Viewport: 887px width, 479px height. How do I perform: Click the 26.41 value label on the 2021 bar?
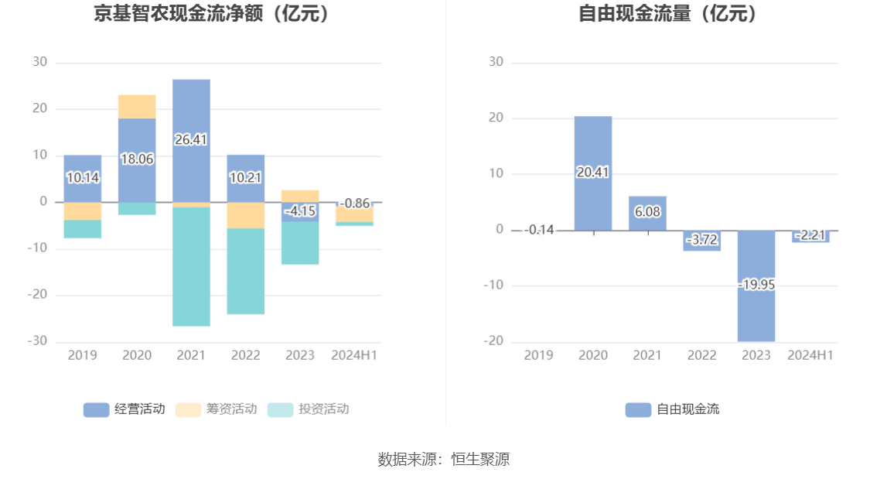click(191, 140)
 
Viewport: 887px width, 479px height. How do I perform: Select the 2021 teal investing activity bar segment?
click(191, 266)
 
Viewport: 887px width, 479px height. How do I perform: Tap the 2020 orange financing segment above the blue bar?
click(137, 106)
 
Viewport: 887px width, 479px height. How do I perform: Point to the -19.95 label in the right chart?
click(756, 285)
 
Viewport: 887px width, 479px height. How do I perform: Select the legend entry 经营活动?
click(125, 409)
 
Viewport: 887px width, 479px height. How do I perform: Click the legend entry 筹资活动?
click(217, 409)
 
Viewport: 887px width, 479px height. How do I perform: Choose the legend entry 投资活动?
click(309, 409)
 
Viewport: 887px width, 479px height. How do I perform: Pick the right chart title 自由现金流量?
click(668, 14)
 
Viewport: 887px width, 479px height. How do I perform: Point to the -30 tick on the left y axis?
click(39, 341)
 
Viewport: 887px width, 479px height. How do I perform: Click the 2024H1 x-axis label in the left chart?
click(354, 355)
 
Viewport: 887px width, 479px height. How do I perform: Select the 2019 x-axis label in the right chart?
click(539, 355)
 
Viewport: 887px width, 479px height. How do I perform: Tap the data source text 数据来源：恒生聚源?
click(444, 459)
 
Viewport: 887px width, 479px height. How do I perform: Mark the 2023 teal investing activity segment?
click(300, 243)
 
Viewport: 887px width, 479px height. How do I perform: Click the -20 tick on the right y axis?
click(493, 341)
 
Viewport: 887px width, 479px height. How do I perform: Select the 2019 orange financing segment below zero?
click(83, 210)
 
